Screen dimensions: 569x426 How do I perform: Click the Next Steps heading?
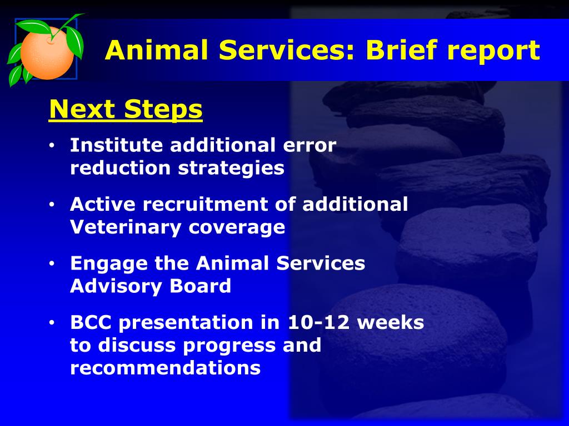(x=126, y=109)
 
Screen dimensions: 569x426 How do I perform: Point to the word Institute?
(x=117, y=145)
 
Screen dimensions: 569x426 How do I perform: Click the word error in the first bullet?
(x=310, y=146)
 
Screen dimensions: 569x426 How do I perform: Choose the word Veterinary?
(x=126, y=227)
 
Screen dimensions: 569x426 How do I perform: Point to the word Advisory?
(x=116, y=287)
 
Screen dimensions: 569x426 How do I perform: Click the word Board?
(x=200, y=286)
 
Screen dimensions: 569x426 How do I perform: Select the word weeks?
(x=391, y=322)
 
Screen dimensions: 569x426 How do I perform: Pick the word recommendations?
(x=166, y=368)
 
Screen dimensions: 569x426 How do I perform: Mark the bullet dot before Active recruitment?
(x=52, y=204)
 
